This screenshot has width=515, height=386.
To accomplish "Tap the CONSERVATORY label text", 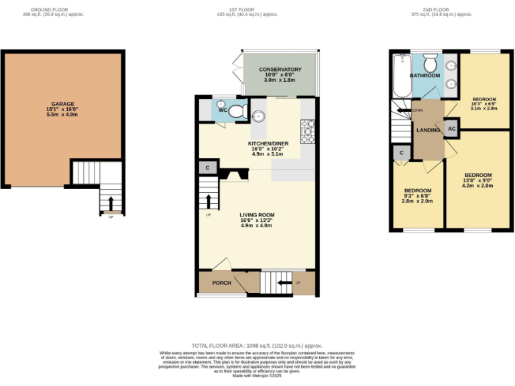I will click(280, 70).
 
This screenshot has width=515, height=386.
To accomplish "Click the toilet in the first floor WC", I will click(238, 113).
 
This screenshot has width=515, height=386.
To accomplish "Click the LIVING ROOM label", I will click(257, 215).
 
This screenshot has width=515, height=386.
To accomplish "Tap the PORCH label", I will click(221, 283).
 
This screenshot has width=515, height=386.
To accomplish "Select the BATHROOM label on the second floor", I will click(426, 76).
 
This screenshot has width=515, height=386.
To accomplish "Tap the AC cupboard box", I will click(451, 128).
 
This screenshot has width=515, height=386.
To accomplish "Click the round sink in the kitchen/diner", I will click(260, 117).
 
